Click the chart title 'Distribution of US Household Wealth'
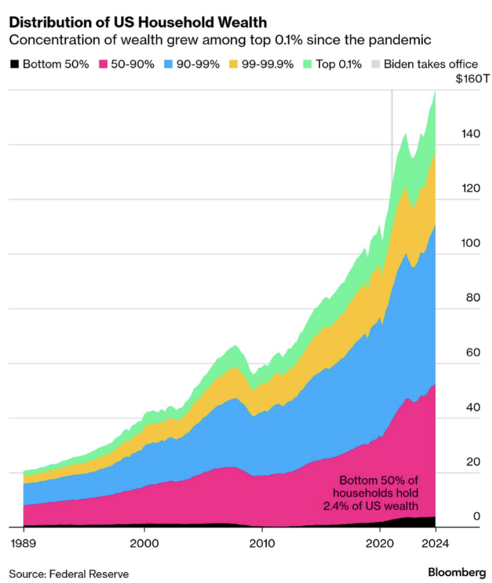138,23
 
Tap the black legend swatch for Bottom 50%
14,64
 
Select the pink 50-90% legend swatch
103,64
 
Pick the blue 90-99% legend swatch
168,64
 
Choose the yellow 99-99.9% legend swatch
233,64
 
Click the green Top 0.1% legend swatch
307,64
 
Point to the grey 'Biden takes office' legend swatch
375,64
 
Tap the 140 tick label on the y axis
471,133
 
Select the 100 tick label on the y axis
471,243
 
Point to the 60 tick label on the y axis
473,352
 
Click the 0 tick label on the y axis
477,516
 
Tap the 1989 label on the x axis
23,543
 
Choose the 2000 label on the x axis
144,543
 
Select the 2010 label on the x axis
262,543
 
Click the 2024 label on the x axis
435,543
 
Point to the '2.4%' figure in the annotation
335,506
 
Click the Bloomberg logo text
457,572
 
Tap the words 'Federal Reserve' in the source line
89,574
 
